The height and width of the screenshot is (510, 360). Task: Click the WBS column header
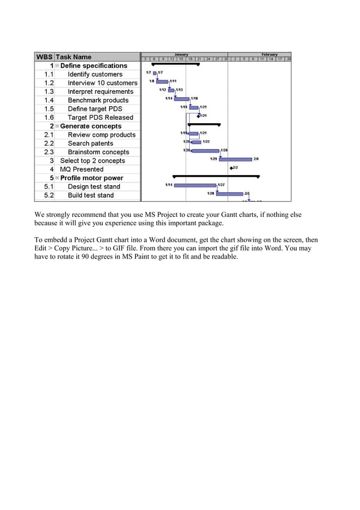tap(44, 57)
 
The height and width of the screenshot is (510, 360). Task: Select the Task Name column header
tap(73, 57)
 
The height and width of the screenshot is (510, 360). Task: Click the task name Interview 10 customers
tap(102, 83)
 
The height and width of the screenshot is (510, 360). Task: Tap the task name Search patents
tap(90, 143)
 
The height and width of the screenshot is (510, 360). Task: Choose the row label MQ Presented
tap(82, 169)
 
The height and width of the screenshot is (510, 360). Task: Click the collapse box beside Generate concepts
tap(57, 126)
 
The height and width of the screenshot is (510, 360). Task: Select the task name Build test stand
tap(90, 195)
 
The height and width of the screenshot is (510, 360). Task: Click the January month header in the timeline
tap(181, 54)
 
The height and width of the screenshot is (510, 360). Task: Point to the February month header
tap(269, 54)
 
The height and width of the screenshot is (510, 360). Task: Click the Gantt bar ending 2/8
tap(235, 159)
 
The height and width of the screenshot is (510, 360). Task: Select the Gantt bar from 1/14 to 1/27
tap(195, 185)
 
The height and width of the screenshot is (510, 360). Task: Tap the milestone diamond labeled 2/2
tap(231, 168)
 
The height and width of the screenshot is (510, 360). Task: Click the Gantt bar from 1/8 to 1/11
tap(162, 81)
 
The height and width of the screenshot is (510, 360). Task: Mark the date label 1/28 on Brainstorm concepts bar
tap(224, 150)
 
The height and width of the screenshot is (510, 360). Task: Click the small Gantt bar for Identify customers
tap(155, 73)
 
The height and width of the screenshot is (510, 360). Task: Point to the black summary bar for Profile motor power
tap(216, 176)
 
